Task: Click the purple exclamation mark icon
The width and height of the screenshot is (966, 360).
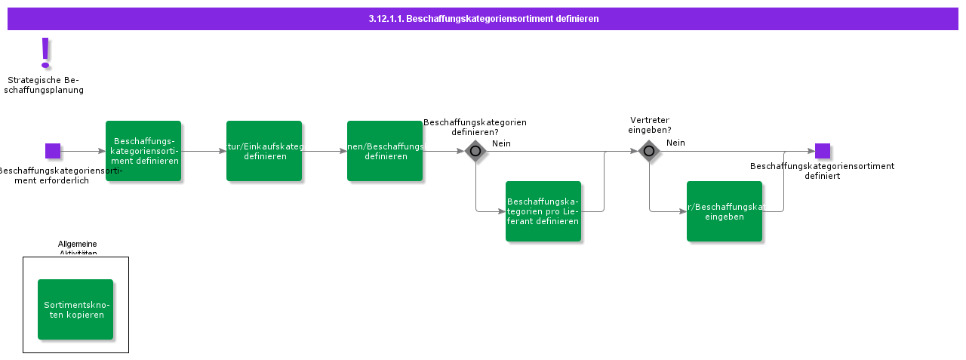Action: click(46, 54)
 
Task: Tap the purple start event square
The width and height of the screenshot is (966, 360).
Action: click(53, 151)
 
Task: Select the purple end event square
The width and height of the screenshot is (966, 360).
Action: click(823, 151)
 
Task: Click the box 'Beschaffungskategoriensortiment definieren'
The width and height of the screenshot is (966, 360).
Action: click(143, 151)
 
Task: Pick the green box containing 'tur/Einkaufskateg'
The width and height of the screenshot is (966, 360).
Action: click(264, 151)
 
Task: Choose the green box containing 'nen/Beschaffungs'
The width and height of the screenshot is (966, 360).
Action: click(385, 151)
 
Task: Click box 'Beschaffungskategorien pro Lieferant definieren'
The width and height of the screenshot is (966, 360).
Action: click(543, 211)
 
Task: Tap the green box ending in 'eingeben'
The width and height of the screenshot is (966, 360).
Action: click(724, 211)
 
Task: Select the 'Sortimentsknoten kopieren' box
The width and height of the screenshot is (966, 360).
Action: click(75, 309)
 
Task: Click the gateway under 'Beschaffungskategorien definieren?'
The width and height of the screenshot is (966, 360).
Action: click(475, 151)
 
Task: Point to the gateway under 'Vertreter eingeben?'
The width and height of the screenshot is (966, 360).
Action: click(649, 151)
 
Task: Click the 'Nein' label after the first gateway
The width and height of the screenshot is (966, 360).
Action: click(502, 143)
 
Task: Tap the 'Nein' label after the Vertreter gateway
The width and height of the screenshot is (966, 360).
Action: click(675, 143)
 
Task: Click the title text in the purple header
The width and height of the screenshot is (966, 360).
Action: click(483, 19)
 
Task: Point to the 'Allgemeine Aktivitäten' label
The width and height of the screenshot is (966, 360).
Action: click(78, 248)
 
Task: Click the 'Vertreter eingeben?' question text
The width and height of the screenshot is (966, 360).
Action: click(650, 125)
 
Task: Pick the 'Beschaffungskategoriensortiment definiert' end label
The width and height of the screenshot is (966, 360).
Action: click(822, 171)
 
